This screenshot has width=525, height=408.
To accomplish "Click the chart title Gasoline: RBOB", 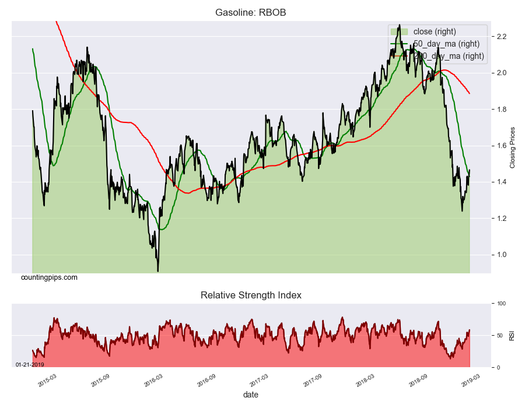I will click(x=251, y=12).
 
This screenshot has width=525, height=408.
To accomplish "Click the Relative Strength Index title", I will click(x=251, y=295).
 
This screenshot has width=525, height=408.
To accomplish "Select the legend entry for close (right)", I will click(x=434, y=31).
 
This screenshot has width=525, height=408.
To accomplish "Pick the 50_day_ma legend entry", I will click(x=446, y=44).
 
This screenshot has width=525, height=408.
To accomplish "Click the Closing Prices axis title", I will click(x=513, y=147).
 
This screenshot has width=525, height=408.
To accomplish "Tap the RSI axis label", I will click(x=512, y=335).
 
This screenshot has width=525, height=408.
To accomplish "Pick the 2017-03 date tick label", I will click(x=260, y=381).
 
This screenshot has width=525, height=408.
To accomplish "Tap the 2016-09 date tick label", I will click(x=206, y=381).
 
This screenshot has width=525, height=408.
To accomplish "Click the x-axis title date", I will click(x=251, y=395).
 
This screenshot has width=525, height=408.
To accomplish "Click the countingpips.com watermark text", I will click(x=49, y=277).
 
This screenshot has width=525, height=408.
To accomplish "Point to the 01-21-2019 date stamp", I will click(x=30, y=364).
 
